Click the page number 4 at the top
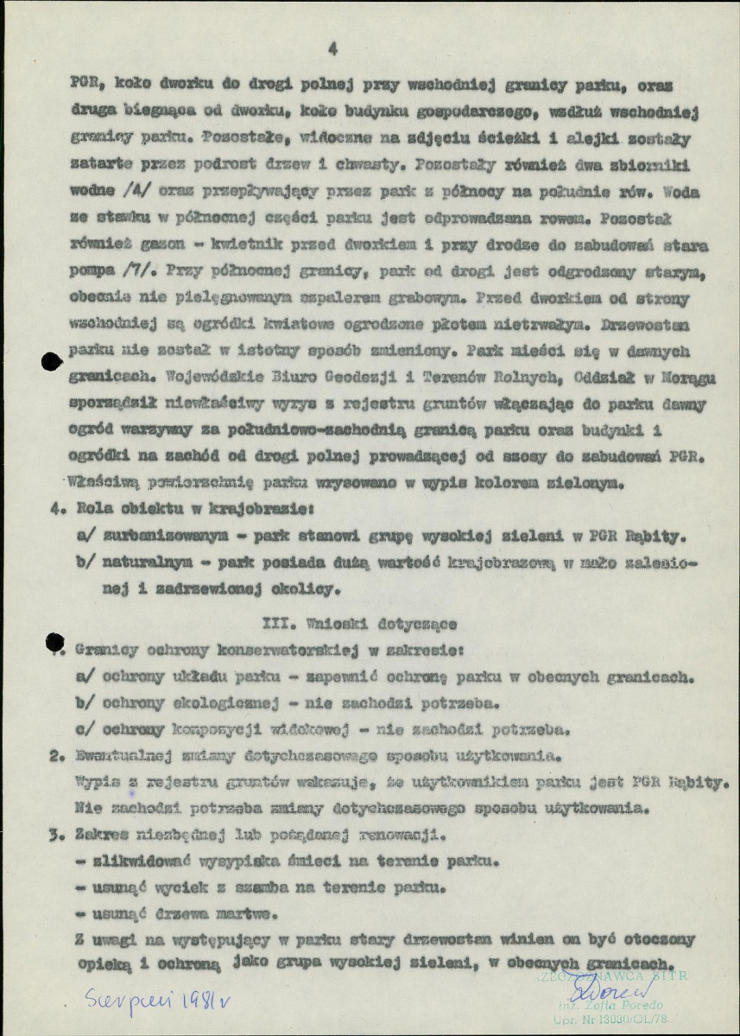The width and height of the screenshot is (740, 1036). tap(332, 49)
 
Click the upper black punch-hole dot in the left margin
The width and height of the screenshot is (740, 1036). tap(53, 364)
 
